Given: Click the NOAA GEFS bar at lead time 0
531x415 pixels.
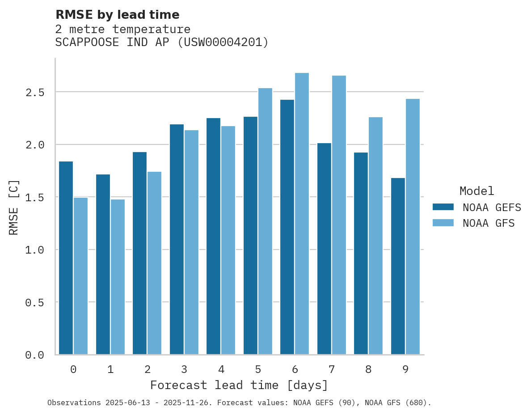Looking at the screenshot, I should tap(66, 258).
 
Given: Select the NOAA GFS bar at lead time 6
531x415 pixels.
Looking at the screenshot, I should tap(302, 214).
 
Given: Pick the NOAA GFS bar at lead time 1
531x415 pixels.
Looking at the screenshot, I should tap(118, 277).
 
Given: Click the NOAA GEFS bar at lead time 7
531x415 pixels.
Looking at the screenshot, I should tap(324, 249).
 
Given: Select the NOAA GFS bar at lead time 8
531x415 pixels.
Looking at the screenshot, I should tap(375, 236).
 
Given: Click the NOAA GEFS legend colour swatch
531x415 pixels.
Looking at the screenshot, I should tap(443, 207).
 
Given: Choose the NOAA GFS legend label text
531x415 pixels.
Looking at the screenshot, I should tap(489, 223).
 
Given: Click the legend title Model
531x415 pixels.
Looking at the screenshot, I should tap(477, 191).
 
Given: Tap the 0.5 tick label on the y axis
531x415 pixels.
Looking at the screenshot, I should tap(34, 303).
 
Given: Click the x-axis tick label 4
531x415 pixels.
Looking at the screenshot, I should tap(221, 369).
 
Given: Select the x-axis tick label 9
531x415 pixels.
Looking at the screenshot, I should tap(405, 369).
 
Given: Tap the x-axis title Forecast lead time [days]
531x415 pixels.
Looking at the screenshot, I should tap(239, 385).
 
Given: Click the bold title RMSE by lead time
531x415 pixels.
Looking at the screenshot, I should tap(117, 15).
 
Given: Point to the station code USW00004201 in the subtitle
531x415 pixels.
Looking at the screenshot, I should tap(223, 42).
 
